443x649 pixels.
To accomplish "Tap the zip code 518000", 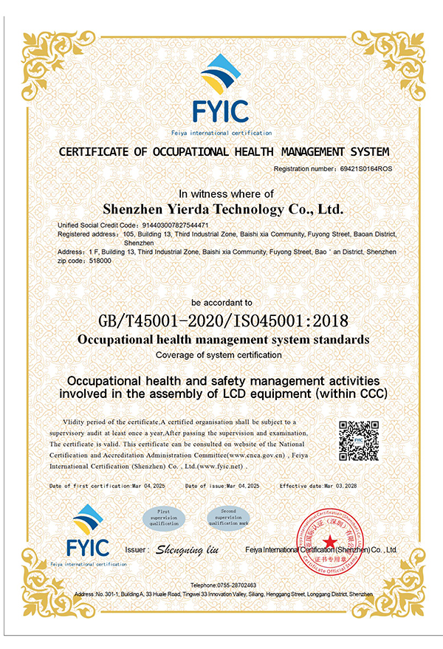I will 101,261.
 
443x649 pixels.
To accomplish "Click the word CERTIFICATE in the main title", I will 98,152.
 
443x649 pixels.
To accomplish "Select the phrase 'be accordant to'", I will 221,303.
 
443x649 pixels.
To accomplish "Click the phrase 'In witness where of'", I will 221,193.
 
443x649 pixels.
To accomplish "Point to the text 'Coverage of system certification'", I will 221,355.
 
